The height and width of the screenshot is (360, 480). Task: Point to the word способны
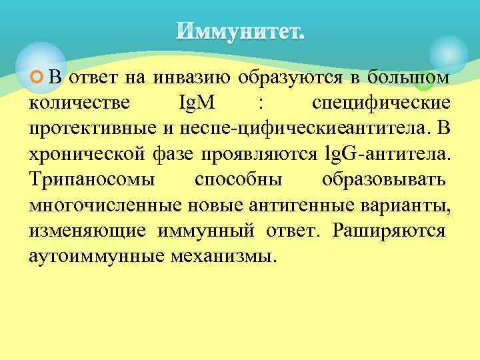[238, 180]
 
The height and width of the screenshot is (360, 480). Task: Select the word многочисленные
[93, 205]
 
